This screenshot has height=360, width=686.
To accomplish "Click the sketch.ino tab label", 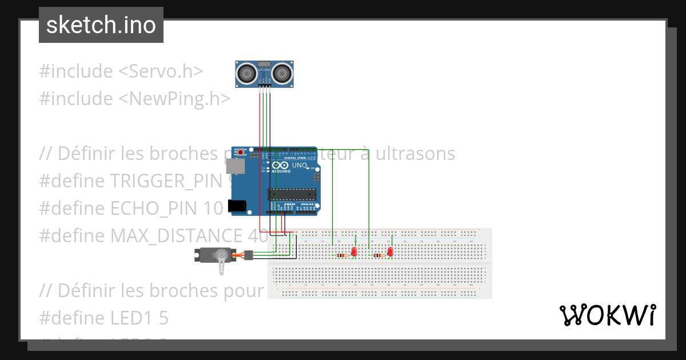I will (x=101, y=25).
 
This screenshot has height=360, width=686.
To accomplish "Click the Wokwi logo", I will (x=607, y=315).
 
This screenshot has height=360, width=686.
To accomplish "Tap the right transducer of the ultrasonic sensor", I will (x=282, y=73).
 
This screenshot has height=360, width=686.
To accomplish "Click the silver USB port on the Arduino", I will (x=234, y=166).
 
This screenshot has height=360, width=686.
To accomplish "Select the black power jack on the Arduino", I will (x=236, y=206).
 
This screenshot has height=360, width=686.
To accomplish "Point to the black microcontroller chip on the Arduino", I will (x=292, y=194).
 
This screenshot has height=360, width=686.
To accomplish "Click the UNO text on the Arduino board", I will (x=300, y=166).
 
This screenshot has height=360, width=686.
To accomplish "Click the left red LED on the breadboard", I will (x=354, y=251).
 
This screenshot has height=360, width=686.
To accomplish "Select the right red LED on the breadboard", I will (x=390, y=251).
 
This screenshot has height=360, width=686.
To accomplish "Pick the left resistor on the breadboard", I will (x=342, y=255).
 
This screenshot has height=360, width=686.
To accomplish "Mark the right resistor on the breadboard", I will (x=378, y=255).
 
